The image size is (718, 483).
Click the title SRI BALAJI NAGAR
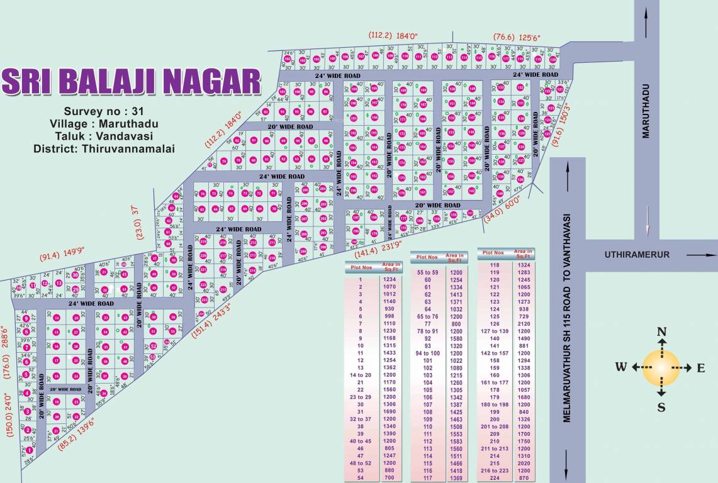(x=131, y=82)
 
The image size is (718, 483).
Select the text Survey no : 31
(x=104, y=111)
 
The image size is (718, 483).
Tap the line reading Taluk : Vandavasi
(x=104, y=136)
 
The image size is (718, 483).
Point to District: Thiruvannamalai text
(x=104, y=148)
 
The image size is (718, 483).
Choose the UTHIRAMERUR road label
(x=629, y=255)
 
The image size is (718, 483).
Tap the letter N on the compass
(x=661, y=333)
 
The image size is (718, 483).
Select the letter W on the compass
(x=621, y=368)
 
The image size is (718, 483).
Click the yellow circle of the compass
(x=661, y=368)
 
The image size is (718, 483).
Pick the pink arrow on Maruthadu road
(x=646, y=221)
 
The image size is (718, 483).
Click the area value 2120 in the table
(x=523, y=323)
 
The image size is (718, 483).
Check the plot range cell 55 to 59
(x=428, y=272)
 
